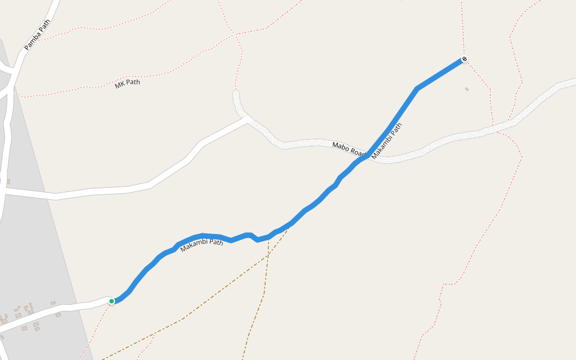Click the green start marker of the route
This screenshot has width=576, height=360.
pos(112,301)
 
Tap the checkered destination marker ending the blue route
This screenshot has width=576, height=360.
pos(464,59)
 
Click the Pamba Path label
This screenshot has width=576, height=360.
pos(37,35)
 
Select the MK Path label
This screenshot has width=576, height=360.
pos(127,83)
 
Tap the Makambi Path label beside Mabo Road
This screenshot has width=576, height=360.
pos(387,141)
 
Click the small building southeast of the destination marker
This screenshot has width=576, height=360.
pos(467,89)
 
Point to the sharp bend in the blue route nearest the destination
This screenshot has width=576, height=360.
pos(417,89)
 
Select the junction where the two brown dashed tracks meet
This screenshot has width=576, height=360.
pos(268,256)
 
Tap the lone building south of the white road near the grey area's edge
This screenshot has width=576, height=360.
pos(58,314)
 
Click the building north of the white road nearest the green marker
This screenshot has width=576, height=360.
pos(53,303)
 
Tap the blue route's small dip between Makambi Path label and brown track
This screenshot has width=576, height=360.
pos(258,239)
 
